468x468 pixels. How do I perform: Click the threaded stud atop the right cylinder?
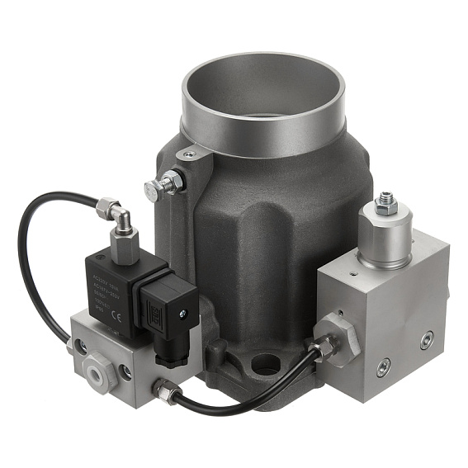(x=386, y=199)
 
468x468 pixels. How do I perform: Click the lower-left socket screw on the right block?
(x=383, y=366)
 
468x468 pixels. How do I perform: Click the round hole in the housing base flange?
(x=265, y=361)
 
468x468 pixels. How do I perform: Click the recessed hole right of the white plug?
(x=125, y=371)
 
